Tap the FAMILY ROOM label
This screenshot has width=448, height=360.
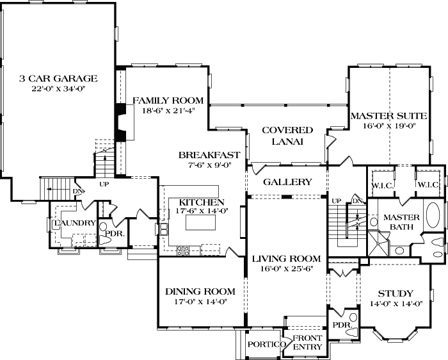click(x=168, y=100)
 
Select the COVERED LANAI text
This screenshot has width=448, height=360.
click(x=287, y=136)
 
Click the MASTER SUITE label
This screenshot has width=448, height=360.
click(x=388, y=116)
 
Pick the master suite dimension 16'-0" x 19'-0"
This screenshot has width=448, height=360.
click(x=388, y=126)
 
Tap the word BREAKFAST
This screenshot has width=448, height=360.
click(x=209, y=155)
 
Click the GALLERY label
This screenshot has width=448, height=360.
click(x=287, y=182)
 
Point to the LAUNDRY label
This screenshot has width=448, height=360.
click(x=75, y=223)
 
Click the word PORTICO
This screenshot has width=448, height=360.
click(x=264, y=345)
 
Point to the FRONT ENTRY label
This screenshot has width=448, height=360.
click(x=308, y=343)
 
